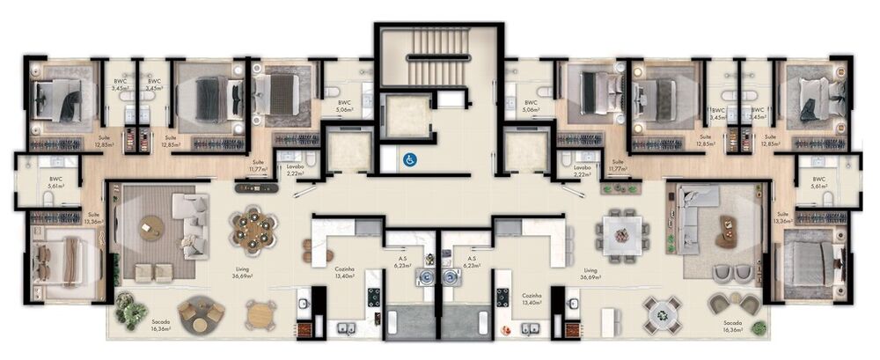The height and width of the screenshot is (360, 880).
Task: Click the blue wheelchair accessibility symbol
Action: point(408,160)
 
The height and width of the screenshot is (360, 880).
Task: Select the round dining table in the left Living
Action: point(253,229)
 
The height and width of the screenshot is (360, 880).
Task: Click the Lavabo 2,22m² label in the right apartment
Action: point(582,171)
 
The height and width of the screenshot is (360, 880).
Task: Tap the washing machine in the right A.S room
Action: point(451,277)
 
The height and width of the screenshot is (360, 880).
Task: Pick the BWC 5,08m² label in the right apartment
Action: point(531,107)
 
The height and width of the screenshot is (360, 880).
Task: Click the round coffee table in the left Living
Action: point(151,227)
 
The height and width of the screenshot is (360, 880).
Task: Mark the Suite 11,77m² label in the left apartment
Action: point(258,165)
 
